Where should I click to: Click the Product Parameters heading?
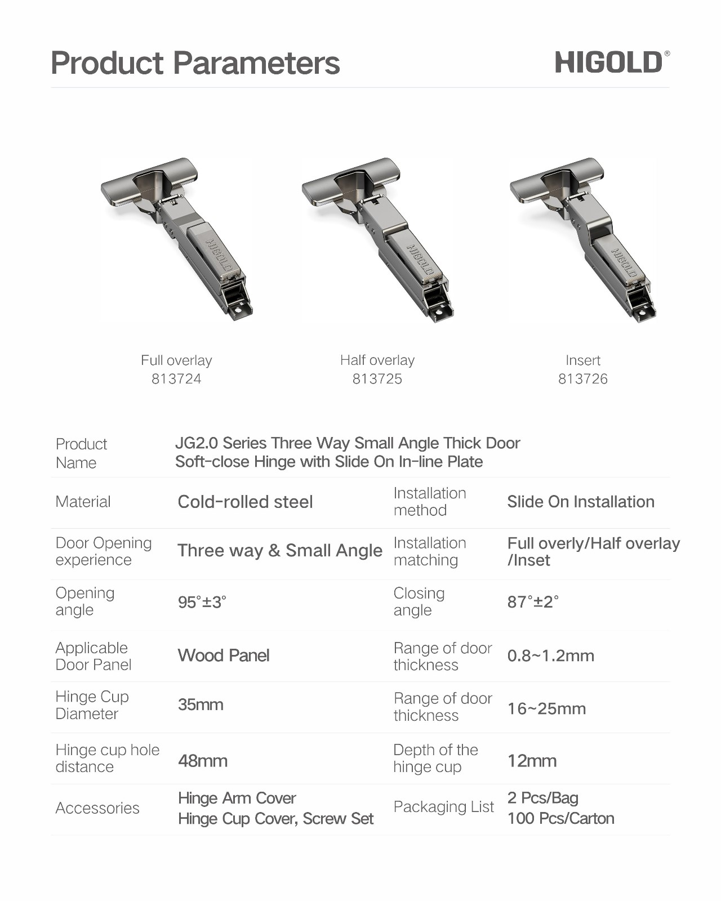[195, 63]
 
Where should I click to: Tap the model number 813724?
[176, 379]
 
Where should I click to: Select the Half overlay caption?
[377, 360]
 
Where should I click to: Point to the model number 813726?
[582, 379]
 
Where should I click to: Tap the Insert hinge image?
[584, 239]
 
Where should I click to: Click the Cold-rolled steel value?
[245, 502]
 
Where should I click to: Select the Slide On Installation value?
[580, 502]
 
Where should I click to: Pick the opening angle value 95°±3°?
[202, 602]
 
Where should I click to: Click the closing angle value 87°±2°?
[533, 602]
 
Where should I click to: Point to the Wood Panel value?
[224, 655]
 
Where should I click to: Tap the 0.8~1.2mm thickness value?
[550, 655]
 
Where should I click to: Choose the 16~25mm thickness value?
[546, 708]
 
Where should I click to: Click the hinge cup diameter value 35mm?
[201, 704]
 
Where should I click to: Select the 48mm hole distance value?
[203, 761]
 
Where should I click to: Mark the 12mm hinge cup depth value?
[532, 761]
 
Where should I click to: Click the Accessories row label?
[97, 808]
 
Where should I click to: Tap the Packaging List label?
[443, 807]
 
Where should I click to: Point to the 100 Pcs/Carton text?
[560, 818]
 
